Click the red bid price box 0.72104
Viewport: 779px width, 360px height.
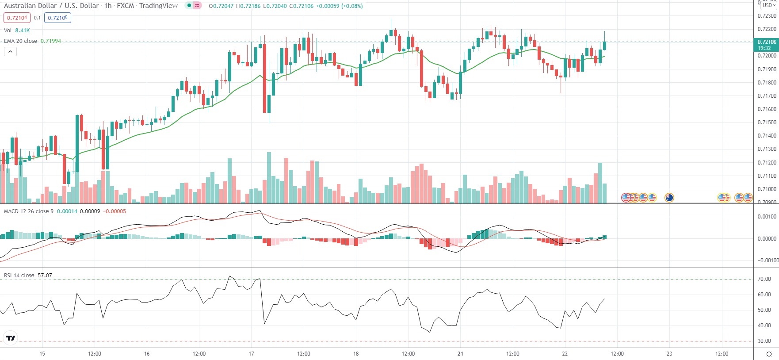pos(17,18)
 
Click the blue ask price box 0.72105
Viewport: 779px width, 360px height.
pos(57,18)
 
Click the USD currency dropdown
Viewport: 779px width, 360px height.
pos(768,5)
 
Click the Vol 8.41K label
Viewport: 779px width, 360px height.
pos(17,30)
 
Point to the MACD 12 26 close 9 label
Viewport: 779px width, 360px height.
pos(29,211)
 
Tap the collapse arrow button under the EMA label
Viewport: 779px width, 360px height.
pos(10,51)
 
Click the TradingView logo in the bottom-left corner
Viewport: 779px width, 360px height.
pos(11,338)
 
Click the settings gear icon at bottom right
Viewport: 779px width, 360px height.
pos(769,354)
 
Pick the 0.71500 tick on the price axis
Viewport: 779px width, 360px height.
pos(767,123)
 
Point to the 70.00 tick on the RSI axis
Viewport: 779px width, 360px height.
pos(764,279)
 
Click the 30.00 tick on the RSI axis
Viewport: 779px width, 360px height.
pos(764,341)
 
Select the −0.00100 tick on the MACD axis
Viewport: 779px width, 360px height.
pos(767,260)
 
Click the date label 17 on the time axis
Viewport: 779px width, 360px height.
pos(251,354)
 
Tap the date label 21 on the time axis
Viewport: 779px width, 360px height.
pos(460,354)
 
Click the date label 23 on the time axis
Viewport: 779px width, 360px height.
pos(669,354)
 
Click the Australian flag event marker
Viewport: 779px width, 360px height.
pos(669,198)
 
